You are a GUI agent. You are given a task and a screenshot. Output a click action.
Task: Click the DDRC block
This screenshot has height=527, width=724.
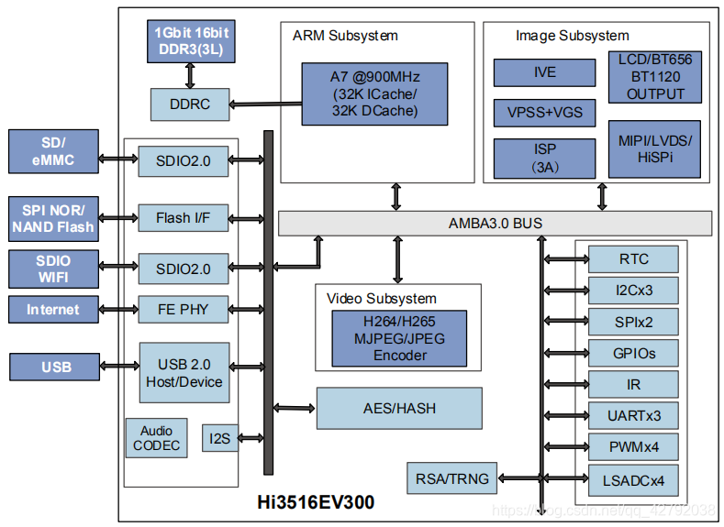click(x=189, y=104)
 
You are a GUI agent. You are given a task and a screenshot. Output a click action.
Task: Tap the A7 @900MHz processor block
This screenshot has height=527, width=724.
click(x=375, y=93)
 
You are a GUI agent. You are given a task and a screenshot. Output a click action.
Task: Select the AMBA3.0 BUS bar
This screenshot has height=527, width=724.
click(x=495, y=223)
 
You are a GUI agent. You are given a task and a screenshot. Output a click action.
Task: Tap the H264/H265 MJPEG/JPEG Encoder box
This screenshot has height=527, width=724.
click(x=399, y=338)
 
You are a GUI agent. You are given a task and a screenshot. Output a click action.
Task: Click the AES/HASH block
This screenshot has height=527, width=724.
click(x=399, y=409)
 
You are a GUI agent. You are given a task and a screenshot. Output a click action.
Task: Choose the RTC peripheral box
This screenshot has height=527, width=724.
click(x=633, y=259)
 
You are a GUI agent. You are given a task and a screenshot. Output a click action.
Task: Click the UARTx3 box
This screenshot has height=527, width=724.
click(x=633, y=416)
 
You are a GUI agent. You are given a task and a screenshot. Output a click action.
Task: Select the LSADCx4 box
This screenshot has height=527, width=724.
click(x=633, y=479)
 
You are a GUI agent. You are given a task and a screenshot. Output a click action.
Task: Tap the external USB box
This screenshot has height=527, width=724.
click(x=56, y=368)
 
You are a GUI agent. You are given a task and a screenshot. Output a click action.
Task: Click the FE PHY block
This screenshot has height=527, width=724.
click(x=183, y=310)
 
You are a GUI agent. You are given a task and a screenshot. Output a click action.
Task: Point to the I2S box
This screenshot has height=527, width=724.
click(x=220, y=438)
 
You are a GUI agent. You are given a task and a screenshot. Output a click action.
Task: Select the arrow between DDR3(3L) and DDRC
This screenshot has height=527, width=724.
click(x=191, y=75)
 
